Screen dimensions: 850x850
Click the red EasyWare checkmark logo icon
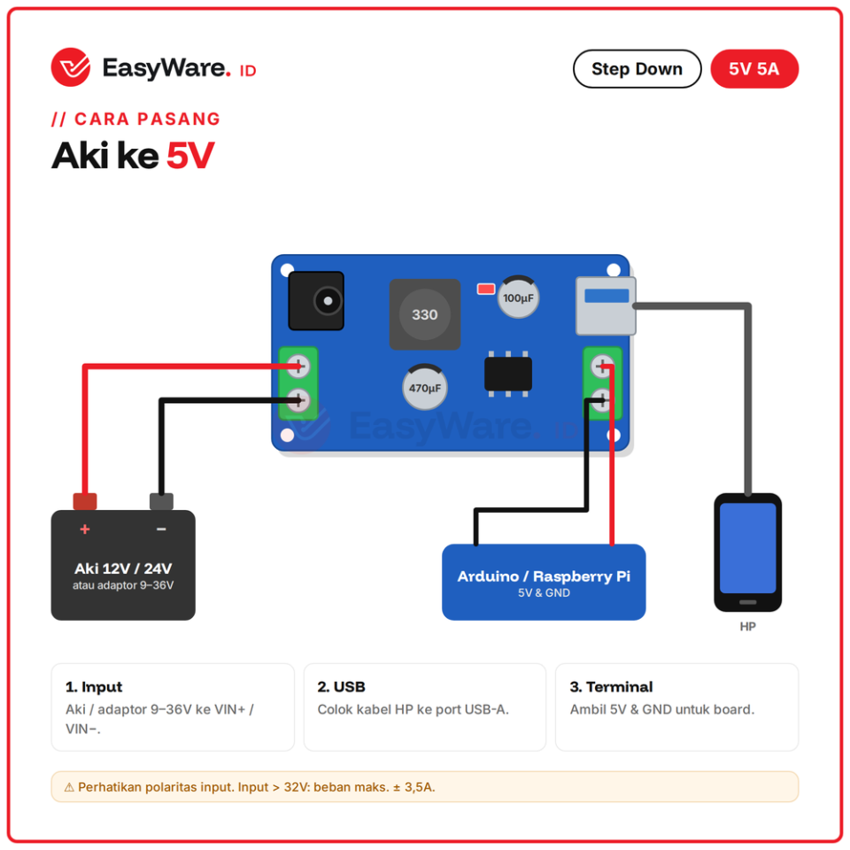click(x=71, y=67)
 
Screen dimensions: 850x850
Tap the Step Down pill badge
click(x=637, y=69)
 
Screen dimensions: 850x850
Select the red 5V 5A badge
click(x=754, y=69)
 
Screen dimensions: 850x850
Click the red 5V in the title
click(x=190, y=156)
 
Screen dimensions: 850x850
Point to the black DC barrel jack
click(x=316, y=301)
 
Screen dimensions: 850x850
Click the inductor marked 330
click(x=424, y=314)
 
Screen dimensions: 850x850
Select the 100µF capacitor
click(x=518, y=297)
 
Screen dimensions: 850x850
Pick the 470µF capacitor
click(x=424, y=387)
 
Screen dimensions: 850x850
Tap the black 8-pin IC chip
click(x=508, y=374)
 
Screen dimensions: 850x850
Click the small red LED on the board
click(x=486, y=289)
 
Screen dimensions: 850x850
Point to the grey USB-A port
click(x=606, y=306)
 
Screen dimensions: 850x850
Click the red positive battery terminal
click(x=85, y=501)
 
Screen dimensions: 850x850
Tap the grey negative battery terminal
click(x=161, y=501)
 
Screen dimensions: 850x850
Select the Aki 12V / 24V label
click(x=123, y=568)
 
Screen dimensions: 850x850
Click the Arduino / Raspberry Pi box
click(x=544, y=583)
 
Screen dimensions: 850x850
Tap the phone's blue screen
click(x=747, y=548)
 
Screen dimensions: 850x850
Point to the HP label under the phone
click(x=747, y=627)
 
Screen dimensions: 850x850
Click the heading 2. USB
click(x=342, y=687)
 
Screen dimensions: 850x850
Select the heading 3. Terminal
click(x=612, y=687)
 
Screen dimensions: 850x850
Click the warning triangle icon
click(x=69, y=787)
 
